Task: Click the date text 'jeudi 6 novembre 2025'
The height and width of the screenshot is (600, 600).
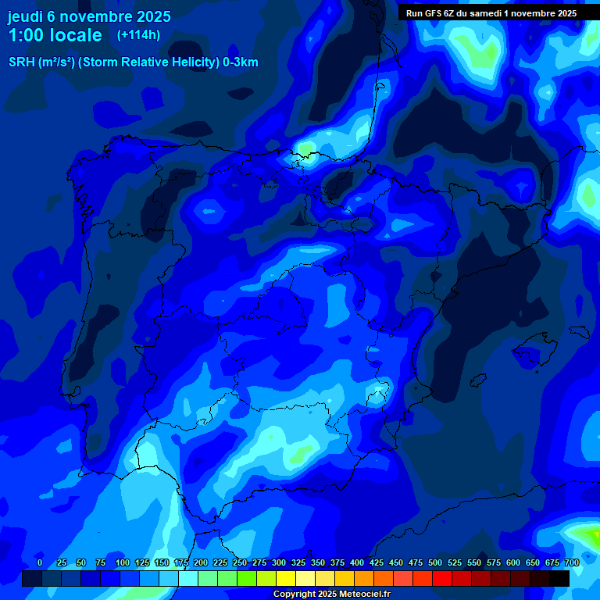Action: tap(89, 16)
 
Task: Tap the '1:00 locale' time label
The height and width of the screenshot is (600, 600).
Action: tap(55, 35)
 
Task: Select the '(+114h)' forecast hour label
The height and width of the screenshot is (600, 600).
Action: tap(138, 35)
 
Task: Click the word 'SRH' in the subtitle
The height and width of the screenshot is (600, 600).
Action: tap(22, 62)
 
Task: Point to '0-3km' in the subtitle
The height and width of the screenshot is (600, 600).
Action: tap(240, 62)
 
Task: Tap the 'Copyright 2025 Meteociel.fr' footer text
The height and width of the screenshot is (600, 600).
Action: tap(331, 594)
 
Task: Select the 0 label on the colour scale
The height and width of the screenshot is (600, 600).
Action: tap(40, 562)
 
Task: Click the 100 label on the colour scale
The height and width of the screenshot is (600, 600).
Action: tap(123, 562)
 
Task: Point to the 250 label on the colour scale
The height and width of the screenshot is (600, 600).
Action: tap(240, 562)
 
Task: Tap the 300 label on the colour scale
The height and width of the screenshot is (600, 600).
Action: tap(279, 562)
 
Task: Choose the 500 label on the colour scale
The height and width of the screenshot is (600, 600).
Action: tap(435, 562)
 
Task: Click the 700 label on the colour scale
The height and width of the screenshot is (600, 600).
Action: tap(571, 562)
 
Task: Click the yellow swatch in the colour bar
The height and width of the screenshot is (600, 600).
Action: tap(286, 578)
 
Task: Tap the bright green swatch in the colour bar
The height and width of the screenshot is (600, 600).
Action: tap(247, 578)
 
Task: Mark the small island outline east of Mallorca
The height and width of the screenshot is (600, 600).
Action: tap(579, 331)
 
